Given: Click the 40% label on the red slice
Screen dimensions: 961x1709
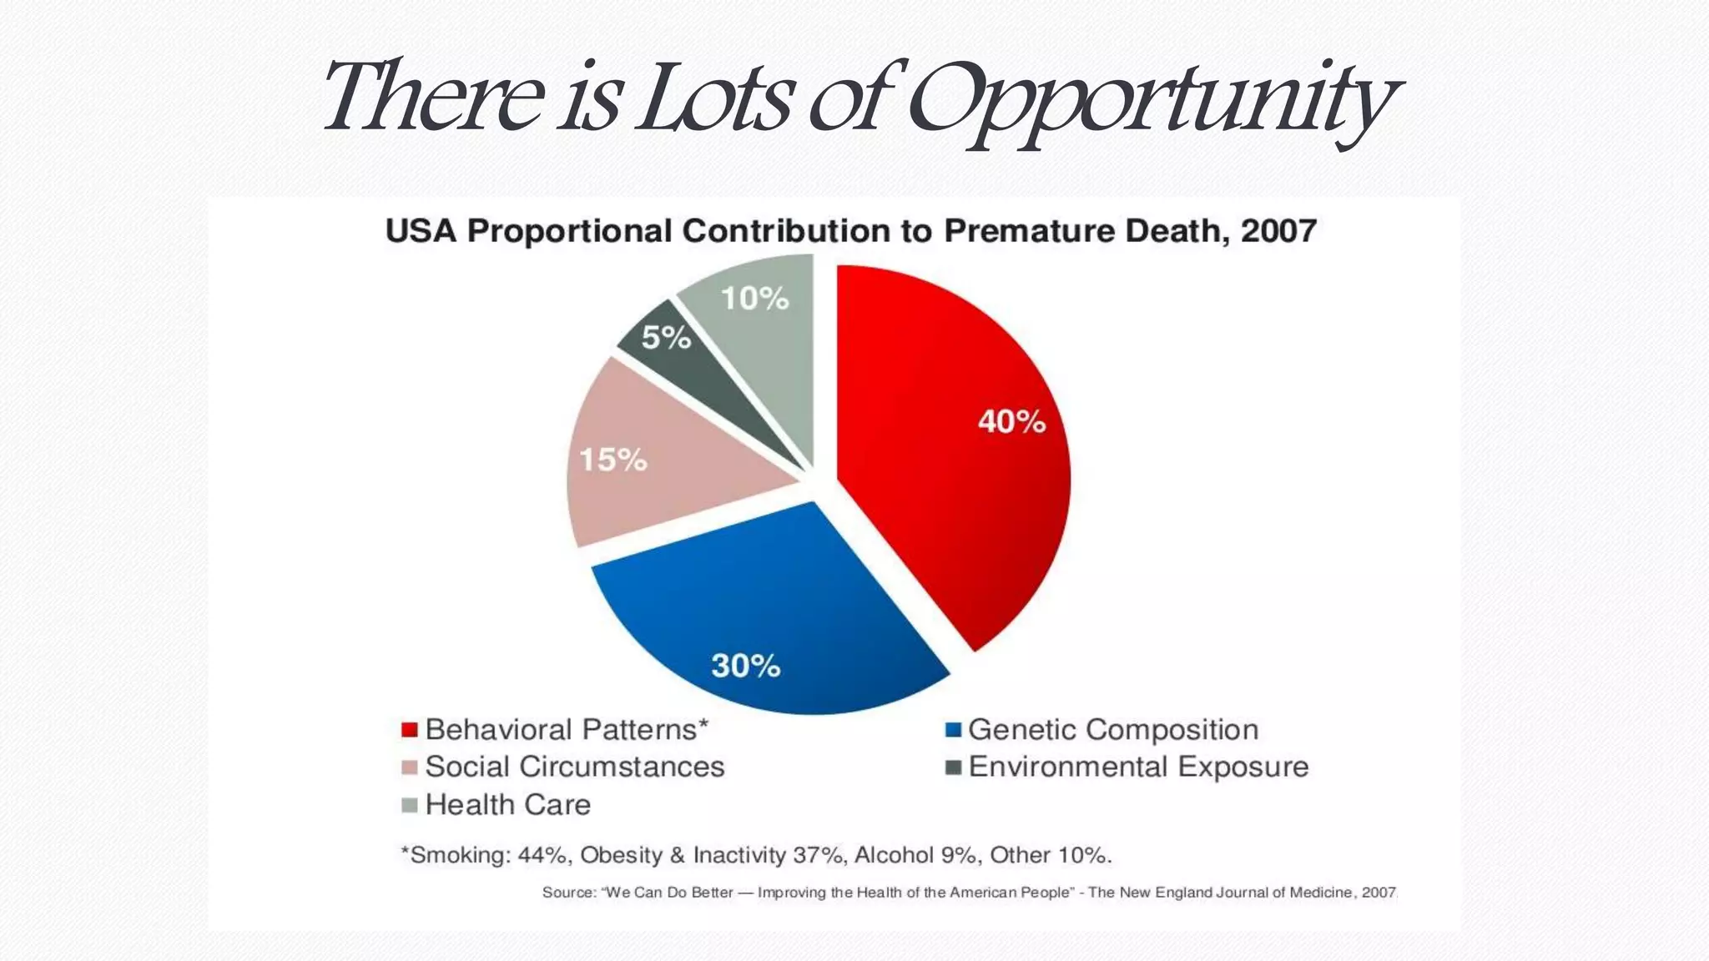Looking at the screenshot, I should [1011, 422].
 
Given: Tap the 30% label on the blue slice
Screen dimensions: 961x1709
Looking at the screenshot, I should [745, 666].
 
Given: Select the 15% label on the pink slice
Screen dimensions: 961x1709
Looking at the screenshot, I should [613, 460].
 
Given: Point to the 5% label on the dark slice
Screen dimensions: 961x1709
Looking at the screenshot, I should [666, 338].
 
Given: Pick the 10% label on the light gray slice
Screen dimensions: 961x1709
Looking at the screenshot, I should [754, 299].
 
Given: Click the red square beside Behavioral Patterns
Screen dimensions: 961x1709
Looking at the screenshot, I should [409, 730].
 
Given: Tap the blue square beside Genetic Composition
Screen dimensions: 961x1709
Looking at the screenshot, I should [953, 730].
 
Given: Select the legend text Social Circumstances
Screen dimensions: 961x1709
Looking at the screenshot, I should [574, 767].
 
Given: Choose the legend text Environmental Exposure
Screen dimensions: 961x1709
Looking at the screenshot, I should [1138, 767].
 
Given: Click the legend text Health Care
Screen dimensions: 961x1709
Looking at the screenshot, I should [507, 805].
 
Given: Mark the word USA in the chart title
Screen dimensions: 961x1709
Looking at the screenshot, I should [421, 231].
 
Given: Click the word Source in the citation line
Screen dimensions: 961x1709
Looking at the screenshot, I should [568, 893].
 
